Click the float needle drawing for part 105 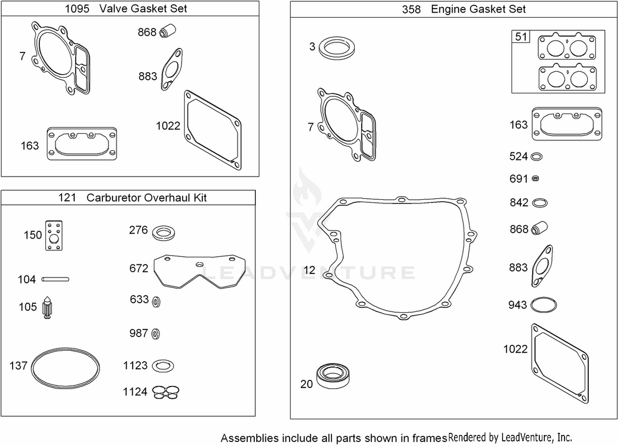pyautogui.click(x=47, y=308)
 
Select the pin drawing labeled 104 pyautogui.click(x=55, y=279)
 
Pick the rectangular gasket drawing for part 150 pyautogui.click(x=54, y=235)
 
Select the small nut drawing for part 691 pyautogui.click(x=535, y=178)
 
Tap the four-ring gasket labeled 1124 pyautogui.click(x=166, y=392)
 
